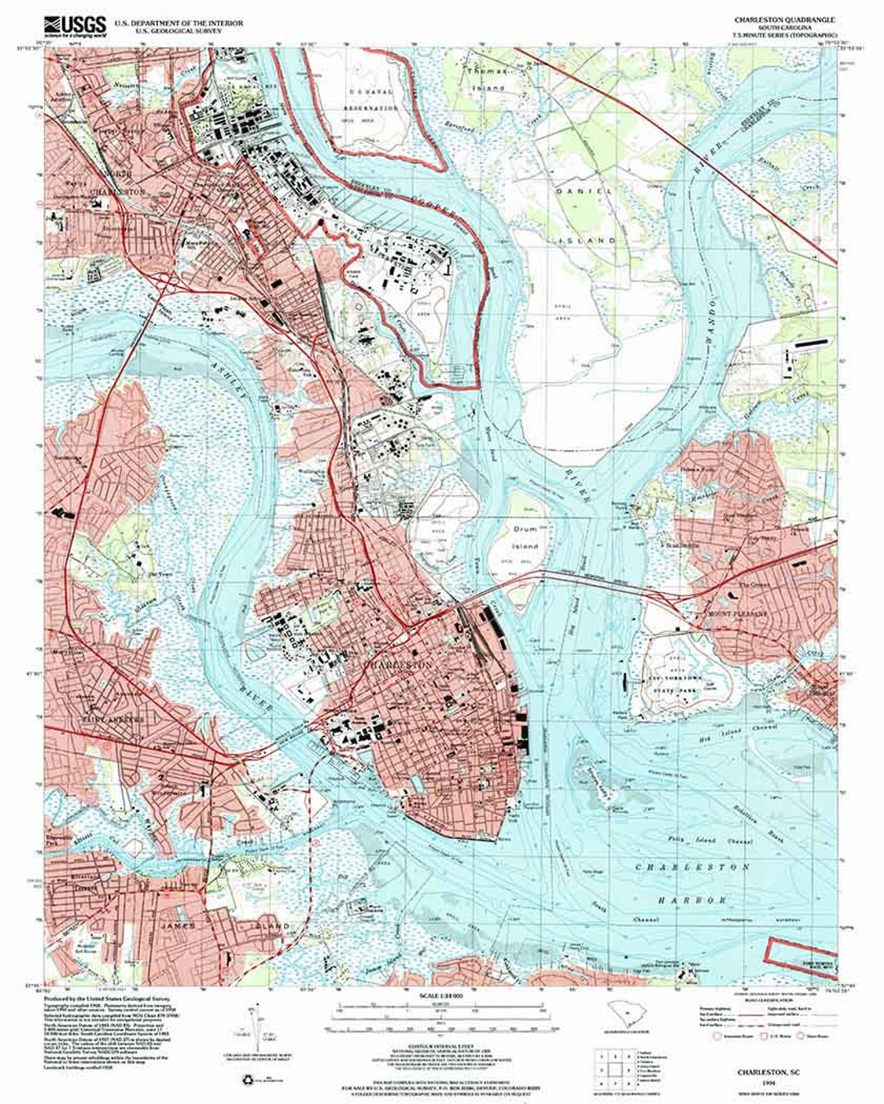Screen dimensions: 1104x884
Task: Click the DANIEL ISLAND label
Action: click(585, 215)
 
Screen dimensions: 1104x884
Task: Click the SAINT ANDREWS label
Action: click(113, 720)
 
